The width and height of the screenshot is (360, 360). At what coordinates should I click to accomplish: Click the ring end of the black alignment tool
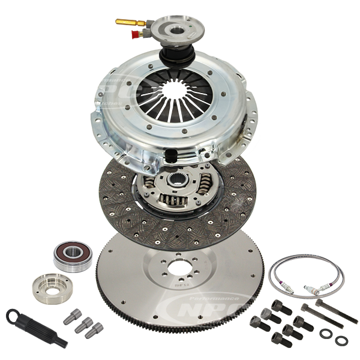click(14, 314)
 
